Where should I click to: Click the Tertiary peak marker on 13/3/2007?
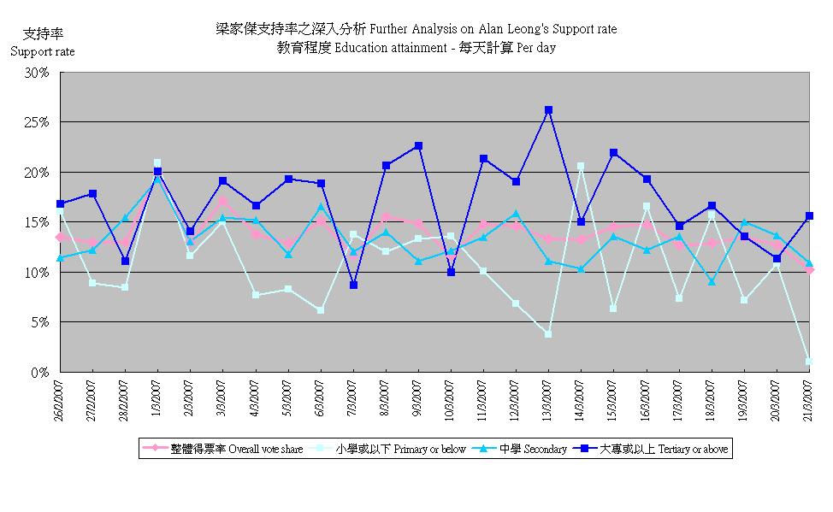(548, 110)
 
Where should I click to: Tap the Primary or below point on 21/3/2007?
(809, 362)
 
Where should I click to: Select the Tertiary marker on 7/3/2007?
(353, 285)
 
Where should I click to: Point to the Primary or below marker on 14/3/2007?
(581, 166)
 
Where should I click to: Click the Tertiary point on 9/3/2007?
(418, 146)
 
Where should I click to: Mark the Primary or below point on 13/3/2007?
(548, 334)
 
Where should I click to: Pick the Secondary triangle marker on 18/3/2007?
(712, 282)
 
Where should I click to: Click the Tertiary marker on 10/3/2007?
(451, 273)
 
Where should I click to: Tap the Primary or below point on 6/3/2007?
(321, 310)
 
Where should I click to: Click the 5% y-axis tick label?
(41, 322)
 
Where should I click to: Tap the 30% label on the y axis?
(38, 73)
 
